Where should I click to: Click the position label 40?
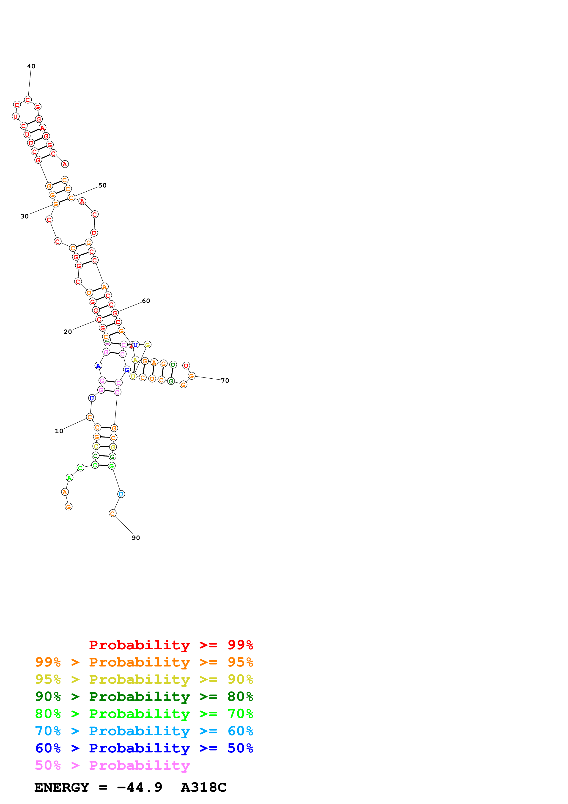tap(31, 66)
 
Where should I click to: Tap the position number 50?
tap(102, 185)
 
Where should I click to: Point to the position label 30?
tap(25, 216)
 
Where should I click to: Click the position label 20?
tap(68, 332)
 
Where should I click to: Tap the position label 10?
tap(59, 431)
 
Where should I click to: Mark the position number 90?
tap(136, 538)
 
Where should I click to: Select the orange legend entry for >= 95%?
tap(144, 662)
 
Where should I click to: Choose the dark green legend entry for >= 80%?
tap(144, 697)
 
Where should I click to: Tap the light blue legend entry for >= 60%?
tap(144, 731)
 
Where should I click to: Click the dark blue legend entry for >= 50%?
tap(144, 748)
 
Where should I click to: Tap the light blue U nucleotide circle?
tap(121, 494)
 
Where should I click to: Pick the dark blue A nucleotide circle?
tap(98, 366)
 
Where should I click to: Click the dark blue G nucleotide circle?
tap(127, 369)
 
